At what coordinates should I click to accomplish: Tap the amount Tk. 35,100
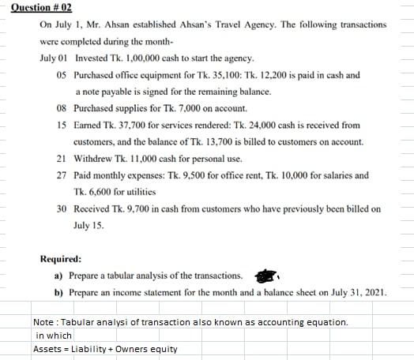[202, 76]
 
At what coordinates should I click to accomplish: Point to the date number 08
[62, 109]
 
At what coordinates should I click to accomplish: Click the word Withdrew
[93, 159]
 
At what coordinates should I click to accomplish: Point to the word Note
[43, 323]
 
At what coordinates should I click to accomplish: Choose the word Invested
[92, 59]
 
